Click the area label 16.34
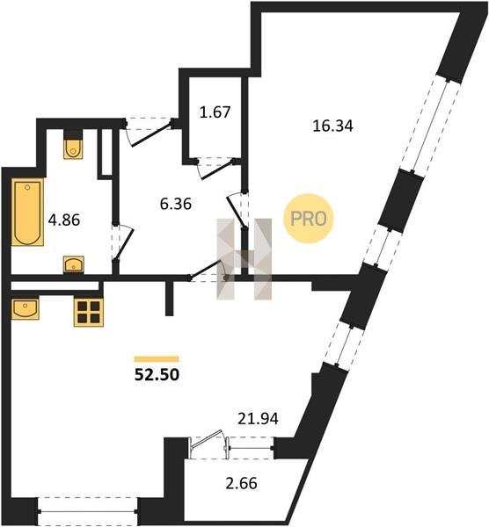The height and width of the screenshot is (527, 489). (332, 126)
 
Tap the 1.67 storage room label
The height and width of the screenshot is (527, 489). (215, 112)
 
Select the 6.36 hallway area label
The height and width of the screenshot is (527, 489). (176, 204)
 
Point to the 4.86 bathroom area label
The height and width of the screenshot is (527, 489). (64, 220)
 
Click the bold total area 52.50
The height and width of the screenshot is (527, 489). (157, 375)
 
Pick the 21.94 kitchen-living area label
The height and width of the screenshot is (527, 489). (258, 419)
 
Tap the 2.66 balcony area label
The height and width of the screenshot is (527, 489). (241, 483)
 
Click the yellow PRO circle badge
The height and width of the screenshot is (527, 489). (308, 219)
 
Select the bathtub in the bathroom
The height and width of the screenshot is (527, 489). (27, 212)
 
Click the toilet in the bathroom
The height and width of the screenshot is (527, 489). (73, 148)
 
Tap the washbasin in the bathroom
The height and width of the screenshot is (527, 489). (74, 264)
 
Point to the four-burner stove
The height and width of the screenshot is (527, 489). (89, 312)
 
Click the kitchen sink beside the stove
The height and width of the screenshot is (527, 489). (26, 308)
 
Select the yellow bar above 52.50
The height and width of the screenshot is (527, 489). (157, 359)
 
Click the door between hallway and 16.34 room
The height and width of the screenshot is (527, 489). (238, 211)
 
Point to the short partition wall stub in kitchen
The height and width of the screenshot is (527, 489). (169, 298)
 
